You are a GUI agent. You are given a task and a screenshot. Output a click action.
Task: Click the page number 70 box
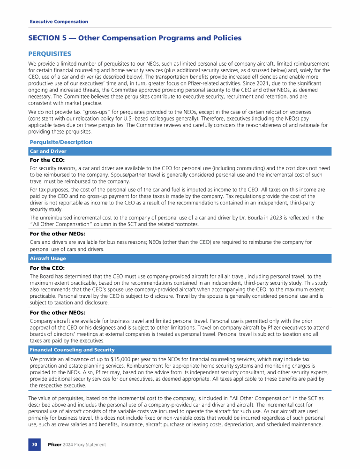[35, 445]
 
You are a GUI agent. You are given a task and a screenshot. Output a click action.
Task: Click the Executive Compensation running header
[59, 22]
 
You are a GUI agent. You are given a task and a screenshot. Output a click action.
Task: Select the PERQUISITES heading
[50, 54]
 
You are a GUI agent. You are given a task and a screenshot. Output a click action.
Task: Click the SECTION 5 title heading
[135, 38]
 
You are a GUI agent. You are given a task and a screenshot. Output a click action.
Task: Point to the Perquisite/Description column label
[61, 142]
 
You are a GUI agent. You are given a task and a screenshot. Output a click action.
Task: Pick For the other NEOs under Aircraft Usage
[57, 312]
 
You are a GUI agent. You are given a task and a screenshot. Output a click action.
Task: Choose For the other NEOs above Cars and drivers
[57, 233]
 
